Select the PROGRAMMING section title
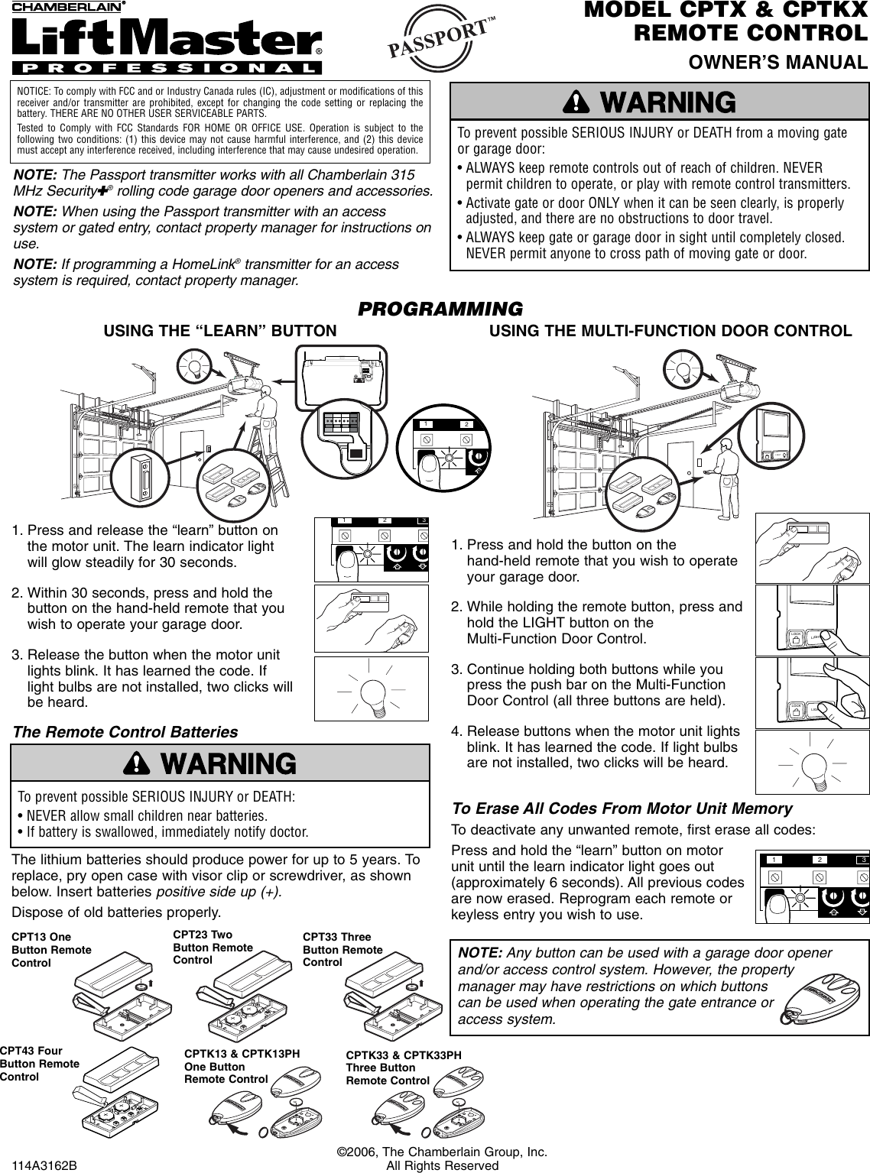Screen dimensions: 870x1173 click(x=441, y=309)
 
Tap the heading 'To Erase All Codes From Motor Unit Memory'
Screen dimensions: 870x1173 click(x=622, y=808)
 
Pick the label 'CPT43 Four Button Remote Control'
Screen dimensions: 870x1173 click(x=40, y=1064)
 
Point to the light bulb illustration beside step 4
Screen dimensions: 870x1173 click(x=812, y=763)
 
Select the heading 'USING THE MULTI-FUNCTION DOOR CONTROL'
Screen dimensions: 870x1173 click(x=670, y=331)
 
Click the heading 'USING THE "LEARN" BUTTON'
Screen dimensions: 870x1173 click(x=220, y=331)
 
